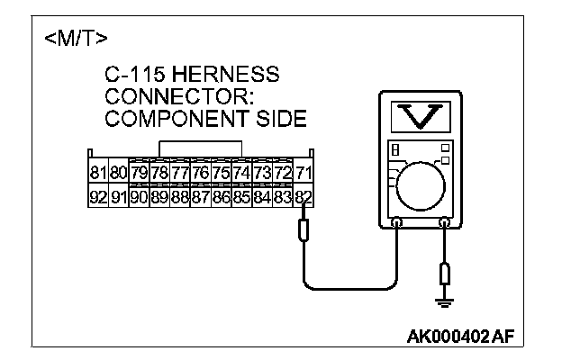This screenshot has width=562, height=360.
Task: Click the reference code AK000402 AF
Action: point(461,335)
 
